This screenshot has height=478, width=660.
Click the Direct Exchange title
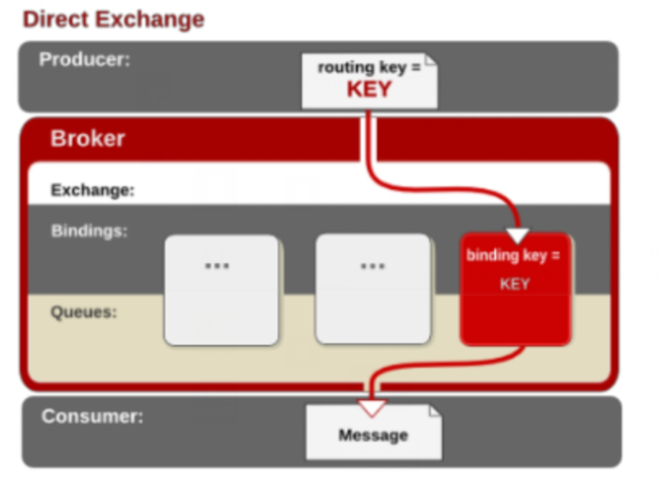coord(113,20)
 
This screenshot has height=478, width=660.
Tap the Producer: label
coord(85,59)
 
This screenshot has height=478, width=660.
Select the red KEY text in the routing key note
coord(369,89)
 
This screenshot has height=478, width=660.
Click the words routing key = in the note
coord(369,67)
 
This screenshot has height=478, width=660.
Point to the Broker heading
coord(88,138)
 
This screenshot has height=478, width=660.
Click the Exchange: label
coord(93,190)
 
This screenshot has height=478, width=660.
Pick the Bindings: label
coord(89,231)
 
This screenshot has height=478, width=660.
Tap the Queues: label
coord(84,313)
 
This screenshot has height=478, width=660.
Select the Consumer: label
coord(92,416)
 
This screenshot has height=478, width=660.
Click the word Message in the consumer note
coord(373,435)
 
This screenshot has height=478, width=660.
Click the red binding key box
coord(515,289)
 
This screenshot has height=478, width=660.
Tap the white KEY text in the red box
coord(514,284)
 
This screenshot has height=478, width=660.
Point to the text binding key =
coord(514,256)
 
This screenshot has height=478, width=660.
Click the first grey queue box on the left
coord(221,290)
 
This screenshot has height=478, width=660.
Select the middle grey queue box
coord(373,289)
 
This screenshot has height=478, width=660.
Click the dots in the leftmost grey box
coord(217,266)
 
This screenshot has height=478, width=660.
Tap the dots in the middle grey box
coord(373,266)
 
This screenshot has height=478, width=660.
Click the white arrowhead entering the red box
coord(518,236)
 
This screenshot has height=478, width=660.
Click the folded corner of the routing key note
coord(431,60)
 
